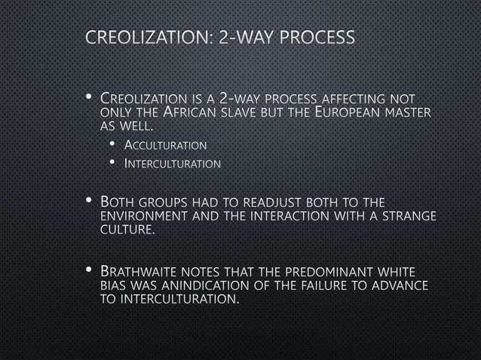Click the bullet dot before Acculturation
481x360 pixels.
tap(112, 145)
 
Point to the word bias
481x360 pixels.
tap(113, 285)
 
